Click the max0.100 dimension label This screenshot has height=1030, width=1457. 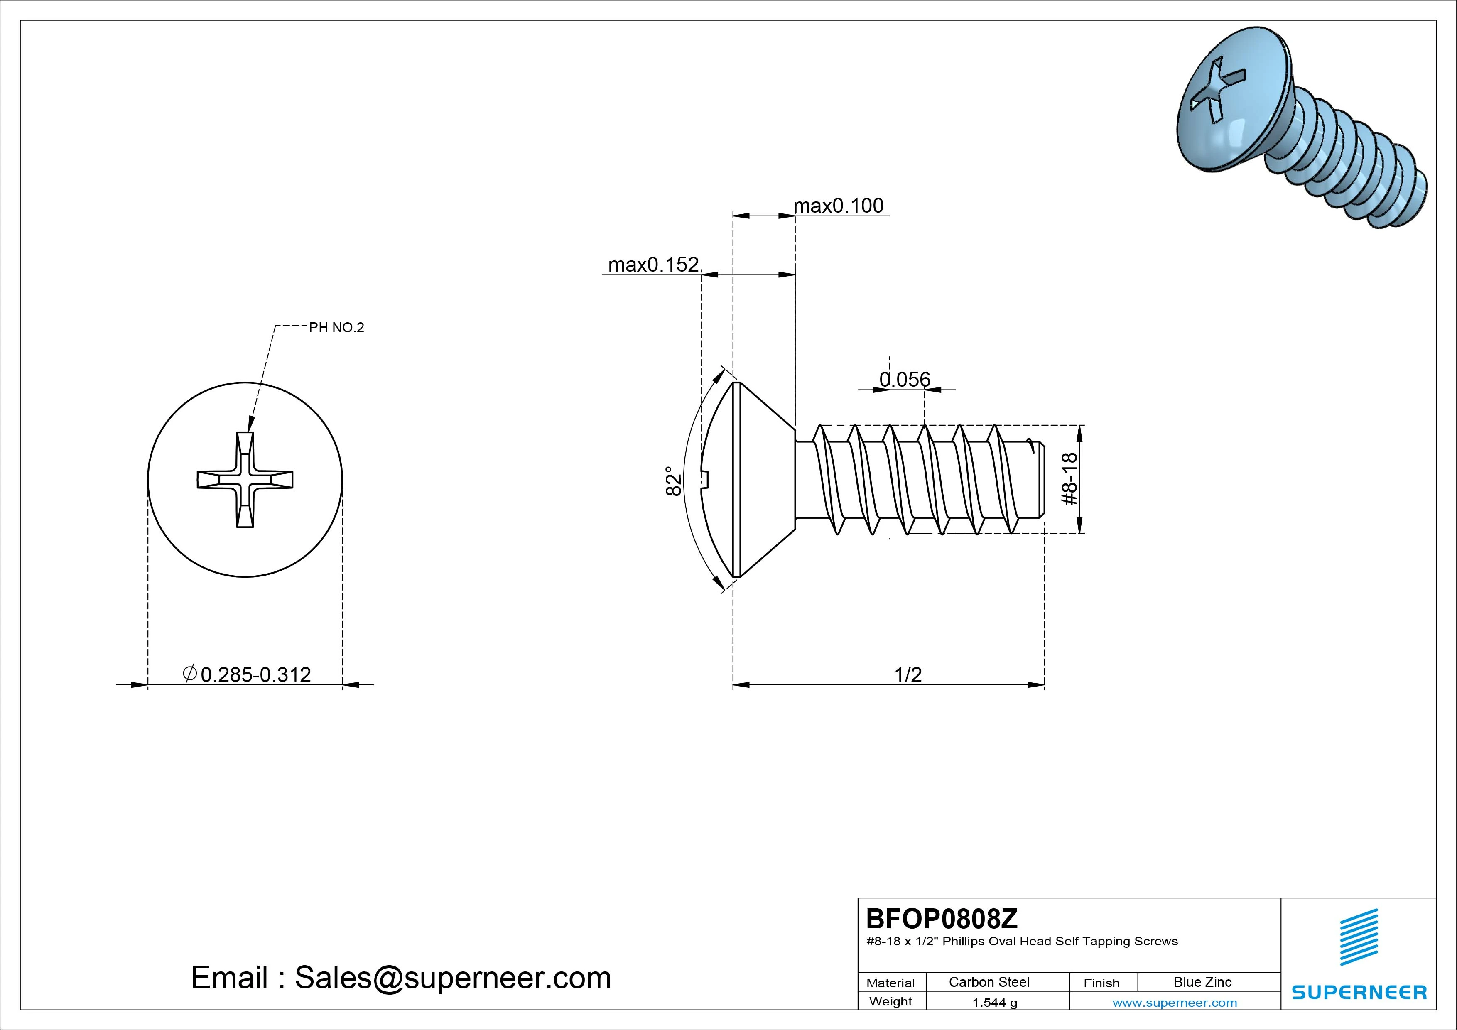tap(838, 206)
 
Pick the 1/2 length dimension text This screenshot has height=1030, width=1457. tap(908, 674)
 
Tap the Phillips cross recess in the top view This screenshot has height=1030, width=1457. tap(245, 480)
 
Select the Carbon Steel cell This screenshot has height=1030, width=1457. tap(989, 982)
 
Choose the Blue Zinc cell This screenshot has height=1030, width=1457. tap(1202, 982)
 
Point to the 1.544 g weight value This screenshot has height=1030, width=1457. tap(994, 1003)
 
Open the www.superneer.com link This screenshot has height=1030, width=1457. tap(1175, 1003)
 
